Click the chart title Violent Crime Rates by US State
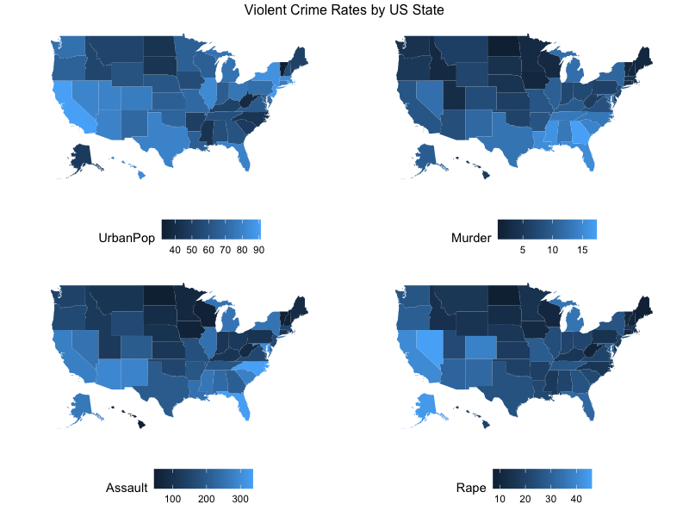[344, 10]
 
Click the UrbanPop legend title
[127, 237]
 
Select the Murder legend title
[471, 237]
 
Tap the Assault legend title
[125, 488]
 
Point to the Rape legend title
[471, 488]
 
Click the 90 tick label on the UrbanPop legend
[258, 250]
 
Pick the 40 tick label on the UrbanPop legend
[174, 250]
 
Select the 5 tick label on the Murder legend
[522, 250]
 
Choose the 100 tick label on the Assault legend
[172, 500]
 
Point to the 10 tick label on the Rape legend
[500, 500]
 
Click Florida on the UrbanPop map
[246, 158]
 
